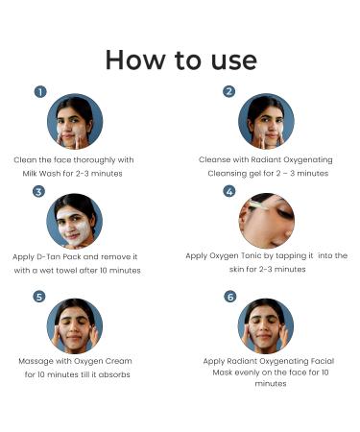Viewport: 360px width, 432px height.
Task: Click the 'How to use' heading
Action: coord(180,60)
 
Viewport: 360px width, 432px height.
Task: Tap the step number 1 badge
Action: coord(40,92)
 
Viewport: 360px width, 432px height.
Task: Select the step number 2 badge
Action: coord(228,92)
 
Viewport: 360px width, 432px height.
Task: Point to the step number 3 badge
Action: coord(38,192)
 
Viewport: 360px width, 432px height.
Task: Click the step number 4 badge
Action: coord(229,192)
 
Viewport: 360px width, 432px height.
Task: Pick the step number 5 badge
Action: coord(39,297)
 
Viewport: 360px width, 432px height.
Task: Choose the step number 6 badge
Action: coord(229,297)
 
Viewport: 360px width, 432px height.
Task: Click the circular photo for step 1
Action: coord(75,122)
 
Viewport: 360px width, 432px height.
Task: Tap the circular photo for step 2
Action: coord(266,122)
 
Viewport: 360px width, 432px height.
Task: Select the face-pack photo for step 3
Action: coord(75,221)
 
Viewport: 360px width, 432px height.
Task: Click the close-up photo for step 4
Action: coord(266,221)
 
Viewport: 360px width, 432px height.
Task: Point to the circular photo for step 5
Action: coord(75,325)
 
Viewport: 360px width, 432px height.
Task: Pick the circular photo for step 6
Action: coord(266,325)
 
